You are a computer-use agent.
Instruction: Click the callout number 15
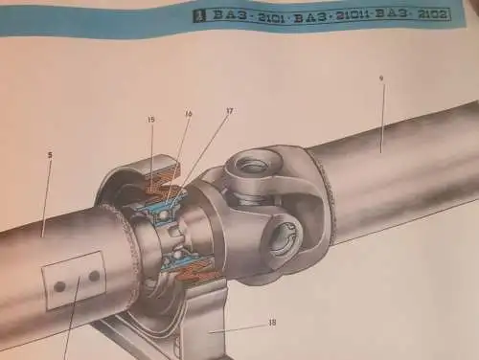tap(151, 119)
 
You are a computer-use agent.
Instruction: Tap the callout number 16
tap(189, 114)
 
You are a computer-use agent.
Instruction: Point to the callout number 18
tap(272, 323)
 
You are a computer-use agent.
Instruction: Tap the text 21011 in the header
tap(354, 15)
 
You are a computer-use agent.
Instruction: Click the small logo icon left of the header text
tap(198, 16)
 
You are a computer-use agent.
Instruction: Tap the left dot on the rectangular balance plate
tap(59, 285)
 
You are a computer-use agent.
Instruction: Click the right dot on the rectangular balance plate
tap(93, 276)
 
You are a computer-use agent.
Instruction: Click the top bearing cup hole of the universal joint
tap(253, 167)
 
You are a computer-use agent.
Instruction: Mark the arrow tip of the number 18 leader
tap(213, 331)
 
